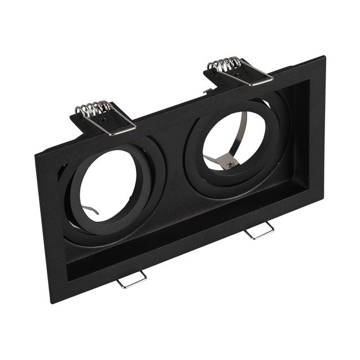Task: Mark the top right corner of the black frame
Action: coord(324,56)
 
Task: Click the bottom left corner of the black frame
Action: coord(52,302)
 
